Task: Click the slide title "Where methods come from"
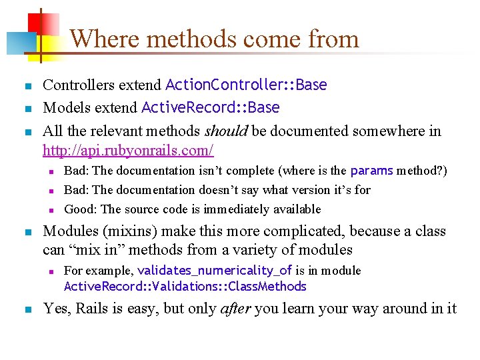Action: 214,39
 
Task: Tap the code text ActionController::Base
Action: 246,85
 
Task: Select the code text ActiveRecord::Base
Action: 210,108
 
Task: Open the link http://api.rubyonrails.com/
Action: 128,149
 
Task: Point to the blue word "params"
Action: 371,171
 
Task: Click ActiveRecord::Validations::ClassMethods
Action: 185,287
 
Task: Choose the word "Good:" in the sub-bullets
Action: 79,209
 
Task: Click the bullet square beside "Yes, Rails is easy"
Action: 27,309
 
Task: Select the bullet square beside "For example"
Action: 51,271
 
